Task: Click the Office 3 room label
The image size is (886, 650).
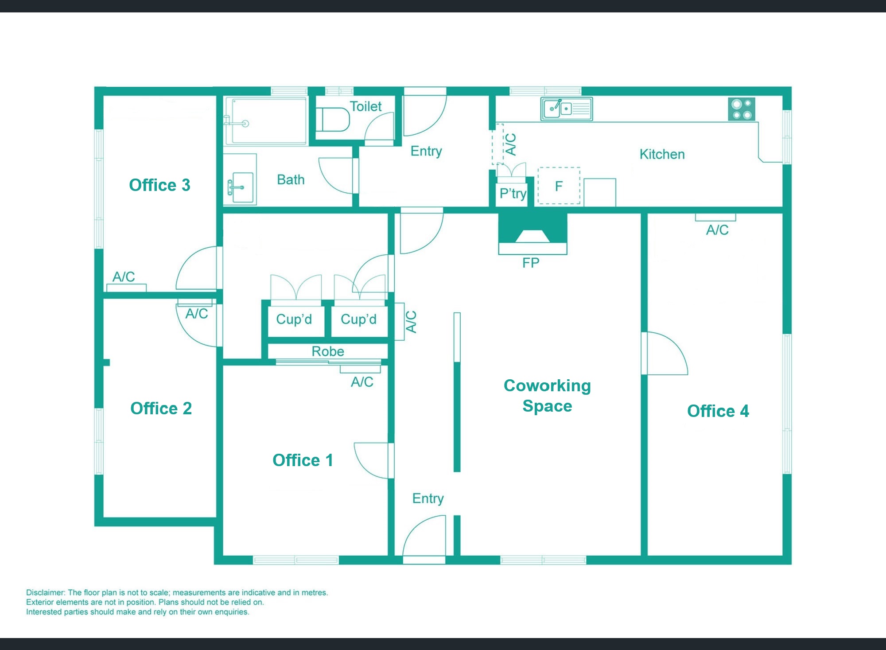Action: click(159, 185)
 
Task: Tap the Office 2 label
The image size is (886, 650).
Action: click(161, 409)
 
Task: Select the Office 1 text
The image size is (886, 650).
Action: click(303, 460)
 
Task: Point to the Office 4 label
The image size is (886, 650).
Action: click(718, 411)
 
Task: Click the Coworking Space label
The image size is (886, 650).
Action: click(548, 396)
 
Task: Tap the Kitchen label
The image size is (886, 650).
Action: click(662, 154)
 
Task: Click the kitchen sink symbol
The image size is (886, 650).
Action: click(567, 109)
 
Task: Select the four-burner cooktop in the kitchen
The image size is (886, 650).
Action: click(742, 109)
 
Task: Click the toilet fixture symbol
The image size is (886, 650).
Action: click(335, 119)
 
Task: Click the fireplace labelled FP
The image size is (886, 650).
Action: click(532, 234)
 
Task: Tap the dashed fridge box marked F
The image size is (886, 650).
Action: click(559, 186)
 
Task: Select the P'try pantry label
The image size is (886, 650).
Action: click(513, 193)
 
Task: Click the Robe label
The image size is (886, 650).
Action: click(328, 351)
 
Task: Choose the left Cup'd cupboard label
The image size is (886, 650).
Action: click(294, 319)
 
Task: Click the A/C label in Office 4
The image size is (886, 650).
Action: click(717, 230)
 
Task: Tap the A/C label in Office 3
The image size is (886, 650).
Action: click(124, 277)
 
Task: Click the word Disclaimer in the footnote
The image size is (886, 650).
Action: click(46, 592)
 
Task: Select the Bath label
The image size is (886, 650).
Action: click(291, 179)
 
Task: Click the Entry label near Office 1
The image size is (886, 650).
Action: click(428, 498)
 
